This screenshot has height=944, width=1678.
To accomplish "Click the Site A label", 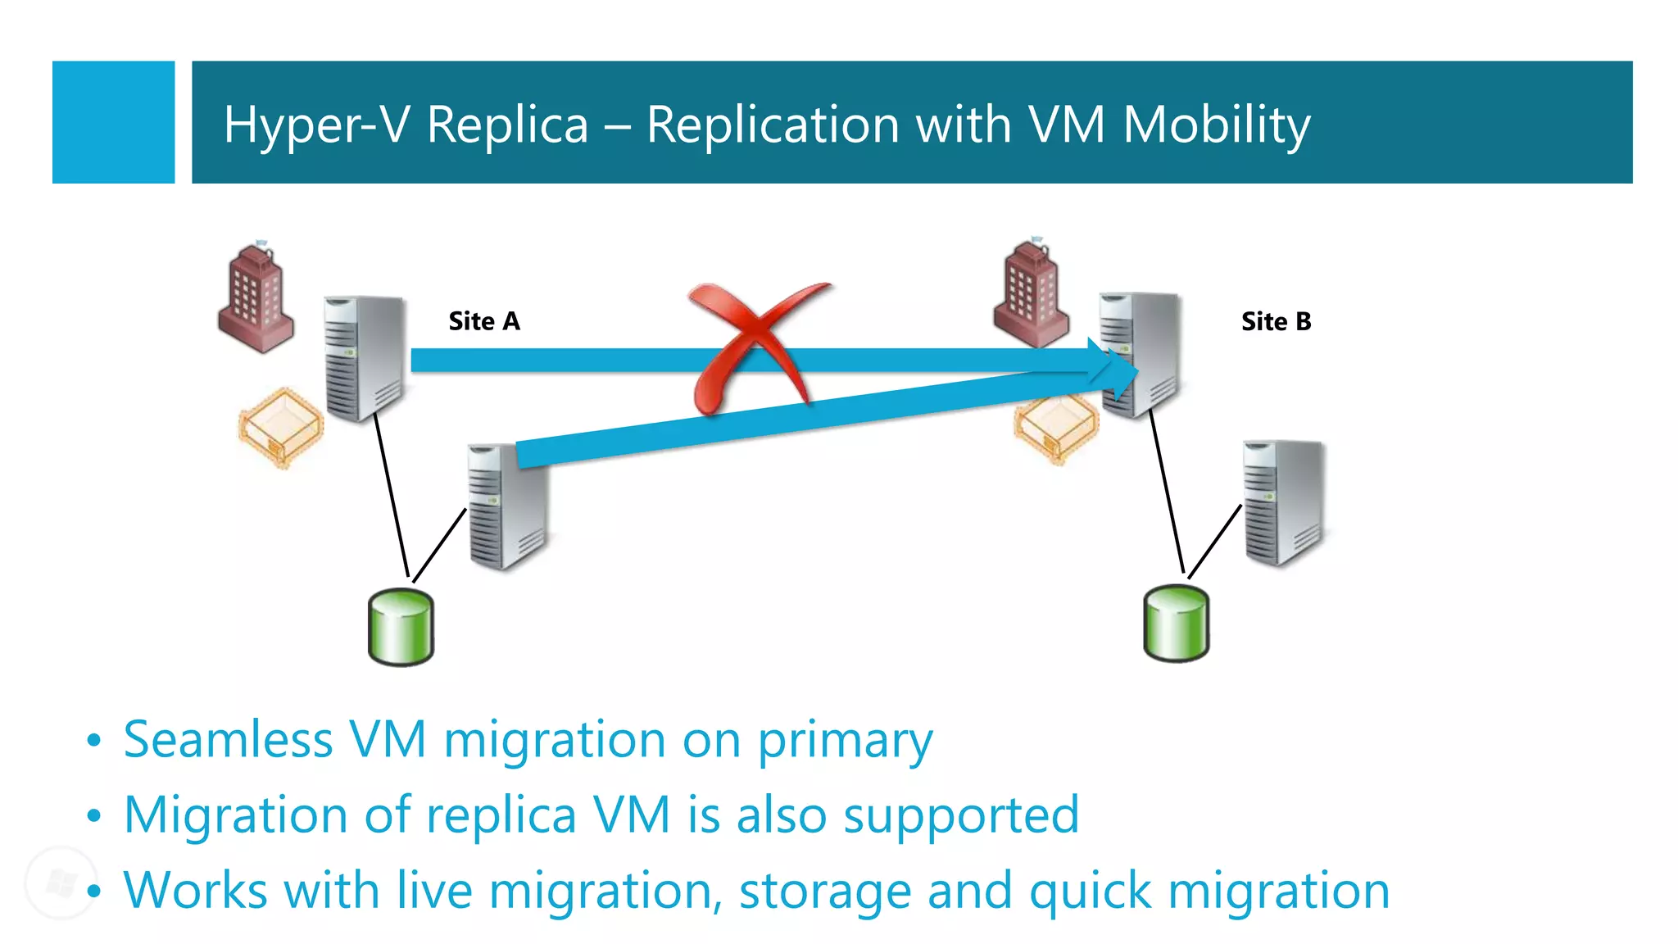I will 483,321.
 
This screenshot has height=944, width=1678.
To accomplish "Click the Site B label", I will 1276,321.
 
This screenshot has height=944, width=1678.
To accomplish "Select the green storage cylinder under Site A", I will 401,627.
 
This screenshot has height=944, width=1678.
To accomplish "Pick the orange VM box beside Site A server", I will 280,427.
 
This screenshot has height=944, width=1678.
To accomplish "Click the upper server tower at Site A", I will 364,358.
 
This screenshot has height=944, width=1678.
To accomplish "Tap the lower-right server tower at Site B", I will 1283,502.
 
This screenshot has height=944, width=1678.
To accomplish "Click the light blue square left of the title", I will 113,122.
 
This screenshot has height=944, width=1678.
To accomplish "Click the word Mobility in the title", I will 1216,125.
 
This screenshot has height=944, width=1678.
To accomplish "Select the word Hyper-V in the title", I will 315,125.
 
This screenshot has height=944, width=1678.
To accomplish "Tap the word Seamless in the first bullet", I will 228,739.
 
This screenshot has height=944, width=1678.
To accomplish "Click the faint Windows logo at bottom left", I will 61,883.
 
